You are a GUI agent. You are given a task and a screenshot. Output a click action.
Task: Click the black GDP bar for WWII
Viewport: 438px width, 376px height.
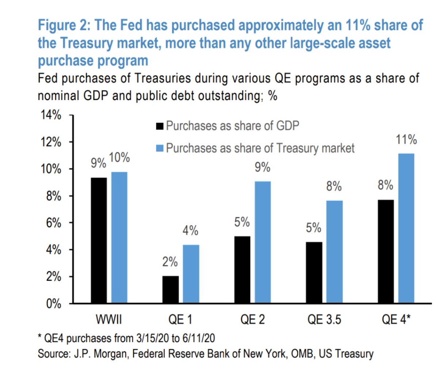(x=99, y=240)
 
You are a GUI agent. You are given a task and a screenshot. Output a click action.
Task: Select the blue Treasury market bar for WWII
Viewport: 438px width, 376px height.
(x=119, y=237)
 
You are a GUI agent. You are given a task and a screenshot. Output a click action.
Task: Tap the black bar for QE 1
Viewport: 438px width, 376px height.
(x=170, y=289)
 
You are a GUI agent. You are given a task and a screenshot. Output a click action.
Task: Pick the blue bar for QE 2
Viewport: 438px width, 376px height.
(x=262, y=242)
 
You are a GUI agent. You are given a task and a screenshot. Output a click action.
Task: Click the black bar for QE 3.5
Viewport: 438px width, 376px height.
(x=314, y=272)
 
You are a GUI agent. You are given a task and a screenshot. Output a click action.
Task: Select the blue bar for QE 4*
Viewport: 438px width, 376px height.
(x=406, y=228)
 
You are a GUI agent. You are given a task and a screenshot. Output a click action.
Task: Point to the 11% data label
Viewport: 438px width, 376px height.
(x=406, y=140)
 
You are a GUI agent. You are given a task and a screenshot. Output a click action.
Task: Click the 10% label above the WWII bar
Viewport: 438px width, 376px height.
(x=119, y=158)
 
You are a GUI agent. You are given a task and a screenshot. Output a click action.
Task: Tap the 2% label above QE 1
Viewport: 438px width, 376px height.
(x=170, y=262)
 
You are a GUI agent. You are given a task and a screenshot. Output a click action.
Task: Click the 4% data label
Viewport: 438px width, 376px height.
(x=191, y=231)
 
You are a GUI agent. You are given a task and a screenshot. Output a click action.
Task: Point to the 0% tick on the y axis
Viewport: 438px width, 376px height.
(x=53, y=304)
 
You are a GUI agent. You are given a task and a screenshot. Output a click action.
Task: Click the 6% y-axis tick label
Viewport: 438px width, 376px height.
(x=53, y=223)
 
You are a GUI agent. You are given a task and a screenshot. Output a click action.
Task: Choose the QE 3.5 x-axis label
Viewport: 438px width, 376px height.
(x=324, y=320)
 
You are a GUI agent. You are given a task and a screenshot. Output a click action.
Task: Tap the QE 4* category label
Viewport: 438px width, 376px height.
(x=396, y=320)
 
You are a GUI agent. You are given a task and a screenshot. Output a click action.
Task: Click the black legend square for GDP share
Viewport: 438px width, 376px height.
(x=160, y=126)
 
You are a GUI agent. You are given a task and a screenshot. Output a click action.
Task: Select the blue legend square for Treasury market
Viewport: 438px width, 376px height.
(x=160, y=148)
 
